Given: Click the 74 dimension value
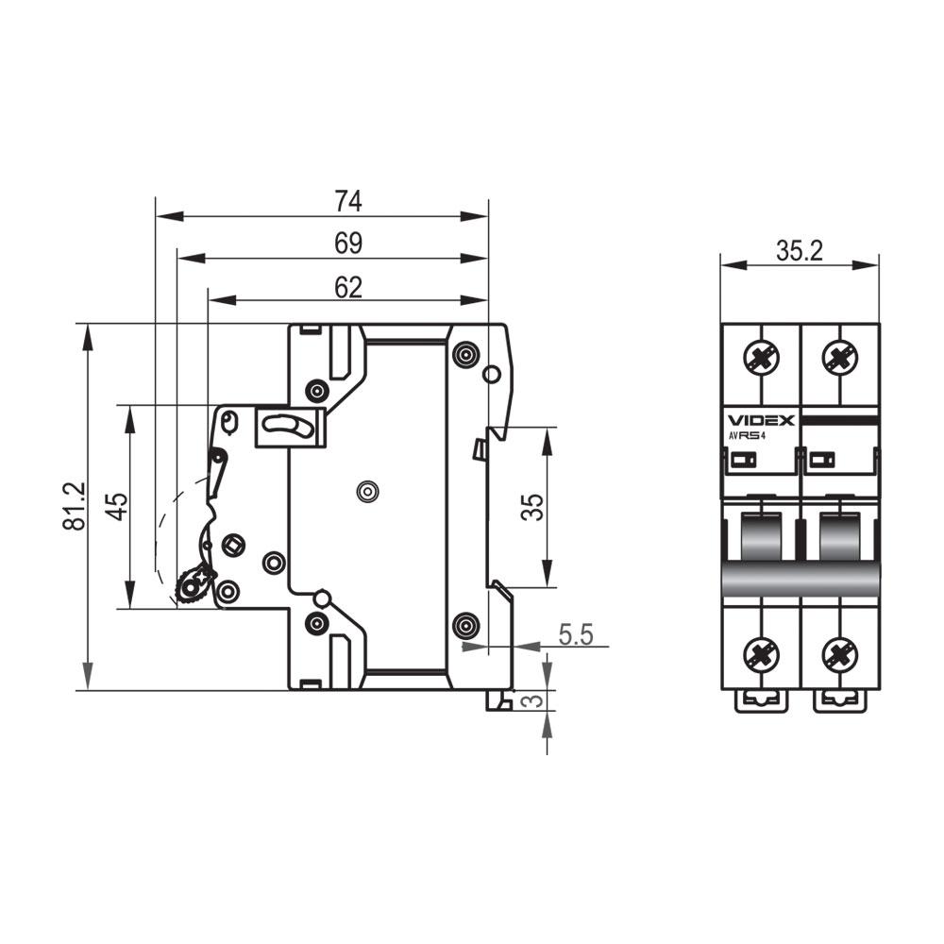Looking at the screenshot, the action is [x=348, y=201].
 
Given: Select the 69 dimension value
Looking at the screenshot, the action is [x=348, y=244].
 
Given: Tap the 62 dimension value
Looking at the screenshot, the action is [x=348, y=288].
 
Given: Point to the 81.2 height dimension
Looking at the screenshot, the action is [x=75, y=506].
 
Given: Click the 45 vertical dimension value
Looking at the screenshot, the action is [x=117, y=507].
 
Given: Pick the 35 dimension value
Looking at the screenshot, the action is [x=532, y=507].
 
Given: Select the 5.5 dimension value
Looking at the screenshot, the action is [x=576, y=634].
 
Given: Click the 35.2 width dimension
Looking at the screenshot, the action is [x=799, y=251].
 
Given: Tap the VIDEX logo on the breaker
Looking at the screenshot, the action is [x=762, y=420].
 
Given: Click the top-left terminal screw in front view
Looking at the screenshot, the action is [x=762, y=358].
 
